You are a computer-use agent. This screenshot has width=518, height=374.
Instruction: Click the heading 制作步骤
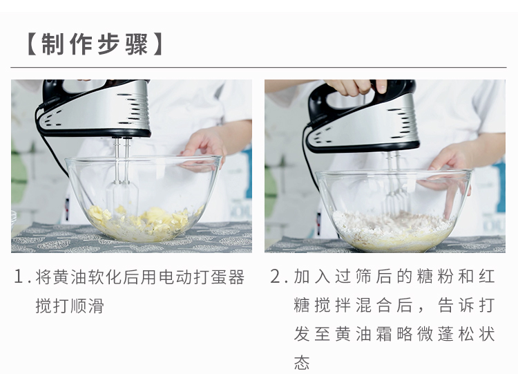pyautogui.click(x=94, y=44)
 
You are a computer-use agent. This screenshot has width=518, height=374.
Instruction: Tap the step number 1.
pyautogui.click(x=19, y=277)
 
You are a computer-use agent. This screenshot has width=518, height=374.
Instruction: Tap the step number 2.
pyautogui.click(x=275, y=277)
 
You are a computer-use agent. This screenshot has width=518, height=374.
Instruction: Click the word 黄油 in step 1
pyautogui.click(x=70, y=277)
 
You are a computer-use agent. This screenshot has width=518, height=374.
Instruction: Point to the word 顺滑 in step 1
pyautogui.click(x=87, y=306)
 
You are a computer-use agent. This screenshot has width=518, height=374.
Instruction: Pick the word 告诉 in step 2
pyautogui.click(x=456, y=306)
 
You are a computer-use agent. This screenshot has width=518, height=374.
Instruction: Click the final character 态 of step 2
pyautogui.click(x=302, y=362)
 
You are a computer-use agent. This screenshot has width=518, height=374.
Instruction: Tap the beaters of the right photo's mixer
pyautogui.click(x=396, y=185)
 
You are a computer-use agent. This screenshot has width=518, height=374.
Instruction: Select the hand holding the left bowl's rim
pyautogui.click(x=206, y=149)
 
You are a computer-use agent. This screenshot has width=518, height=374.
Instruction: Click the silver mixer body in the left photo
pyautogui.click(x=99, y=109)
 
